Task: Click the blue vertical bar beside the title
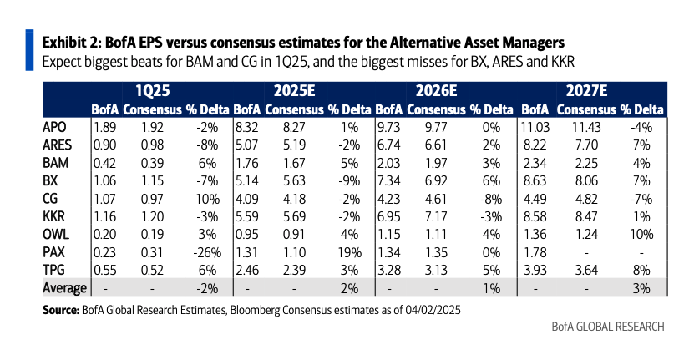(x=31, y=49)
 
